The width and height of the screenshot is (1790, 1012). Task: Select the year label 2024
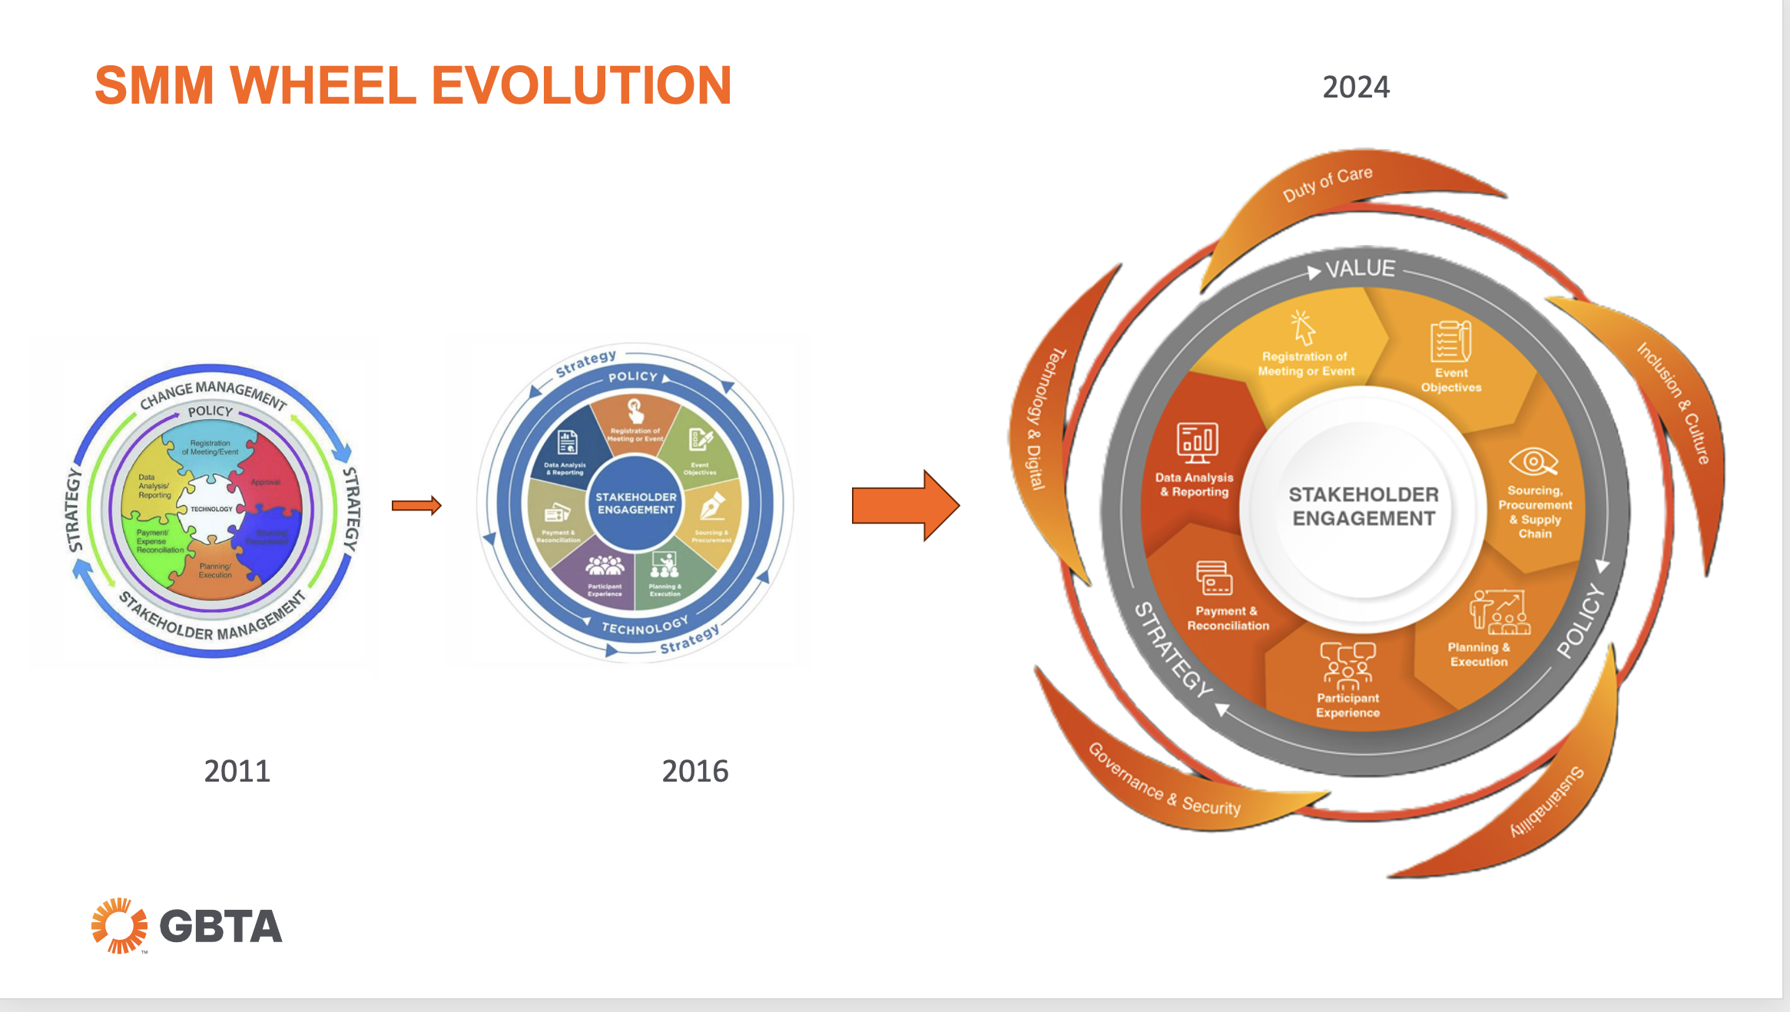1356,87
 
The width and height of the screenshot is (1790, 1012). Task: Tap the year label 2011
237,771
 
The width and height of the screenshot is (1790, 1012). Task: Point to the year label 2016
694,771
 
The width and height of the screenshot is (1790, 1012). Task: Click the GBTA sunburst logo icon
119,925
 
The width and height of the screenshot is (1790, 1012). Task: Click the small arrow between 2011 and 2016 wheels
416,505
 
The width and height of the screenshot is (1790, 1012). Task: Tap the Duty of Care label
1328,184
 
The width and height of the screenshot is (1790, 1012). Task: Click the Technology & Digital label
1037,418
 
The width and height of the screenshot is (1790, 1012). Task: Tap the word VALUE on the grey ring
1360,269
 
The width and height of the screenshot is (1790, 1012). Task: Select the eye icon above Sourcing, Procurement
1533,461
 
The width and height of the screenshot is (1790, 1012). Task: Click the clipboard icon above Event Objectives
1450,341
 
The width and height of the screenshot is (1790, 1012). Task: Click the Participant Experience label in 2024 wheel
1347,705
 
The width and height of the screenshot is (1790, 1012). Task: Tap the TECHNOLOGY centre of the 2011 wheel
211,509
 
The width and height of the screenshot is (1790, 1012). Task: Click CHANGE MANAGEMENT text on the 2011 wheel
213,392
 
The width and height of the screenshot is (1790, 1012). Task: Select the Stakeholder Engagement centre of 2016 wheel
636,503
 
